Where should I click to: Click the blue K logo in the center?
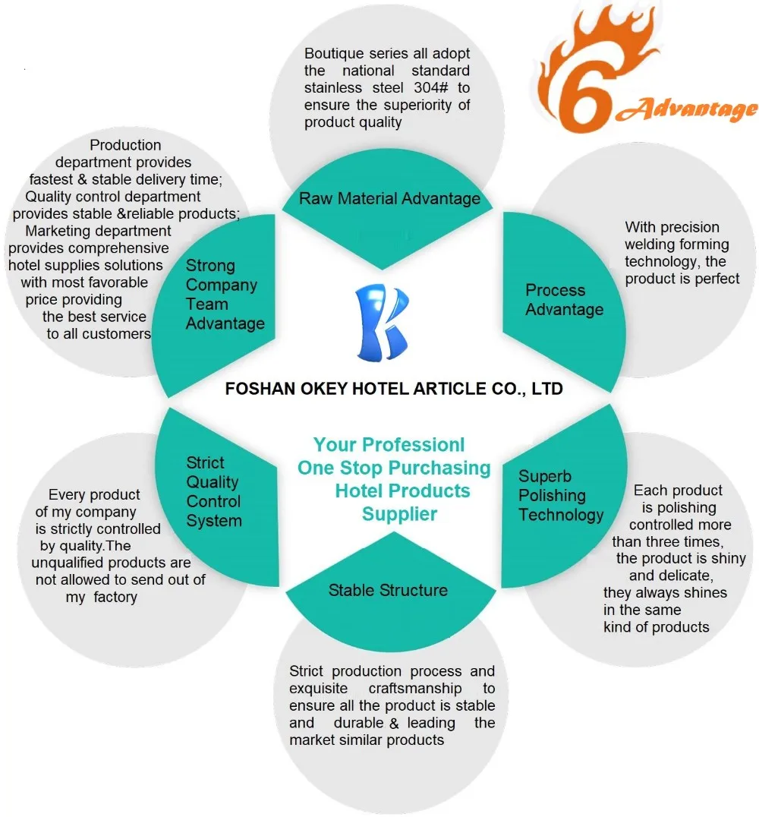(386, 321)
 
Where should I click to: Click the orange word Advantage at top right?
(687, 111)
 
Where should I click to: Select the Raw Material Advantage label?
(389, 199)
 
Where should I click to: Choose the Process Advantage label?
(564, 300)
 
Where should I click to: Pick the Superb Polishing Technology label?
(560, 496)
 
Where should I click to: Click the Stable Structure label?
(388, 590)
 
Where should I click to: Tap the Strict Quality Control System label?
(214, 492)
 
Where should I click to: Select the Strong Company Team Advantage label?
(225, 295)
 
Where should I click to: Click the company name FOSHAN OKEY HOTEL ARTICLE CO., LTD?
(394, 390)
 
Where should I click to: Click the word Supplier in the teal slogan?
(399, 514)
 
